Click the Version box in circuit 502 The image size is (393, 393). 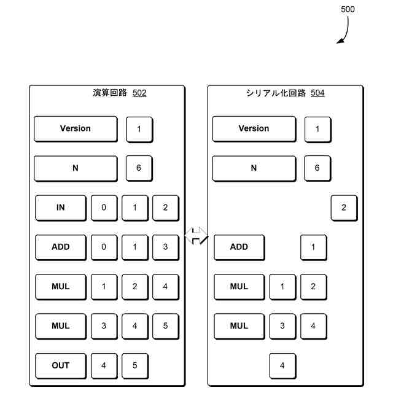(75, 129)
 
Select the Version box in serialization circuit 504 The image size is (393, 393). (254, 129)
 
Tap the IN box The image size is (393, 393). (60, 208)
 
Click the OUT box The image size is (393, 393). (60, 365)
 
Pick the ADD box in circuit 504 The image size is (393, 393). (239, 247)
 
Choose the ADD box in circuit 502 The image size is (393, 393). (60, 247)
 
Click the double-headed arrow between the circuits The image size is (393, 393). (196, 236)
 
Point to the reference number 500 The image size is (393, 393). (347, 9)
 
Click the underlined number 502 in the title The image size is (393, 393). (139, 93)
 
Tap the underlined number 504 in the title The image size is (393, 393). (317, 93)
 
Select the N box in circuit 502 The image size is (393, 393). (75, 168)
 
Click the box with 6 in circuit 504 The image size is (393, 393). (317, 168)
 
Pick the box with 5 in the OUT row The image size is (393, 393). (134, 365)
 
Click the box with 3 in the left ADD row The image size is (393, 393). (165, 247)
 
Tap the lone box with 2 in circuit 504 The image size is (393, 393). (343, 208)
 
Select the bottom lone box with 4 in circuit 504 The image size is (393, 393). (282, 365)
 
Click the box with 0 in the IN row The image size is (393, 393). (104, 208)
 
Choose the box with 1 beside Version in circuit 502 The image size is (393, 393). (139, 129)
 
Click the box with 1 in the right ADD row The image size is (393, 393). (313, 247)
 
